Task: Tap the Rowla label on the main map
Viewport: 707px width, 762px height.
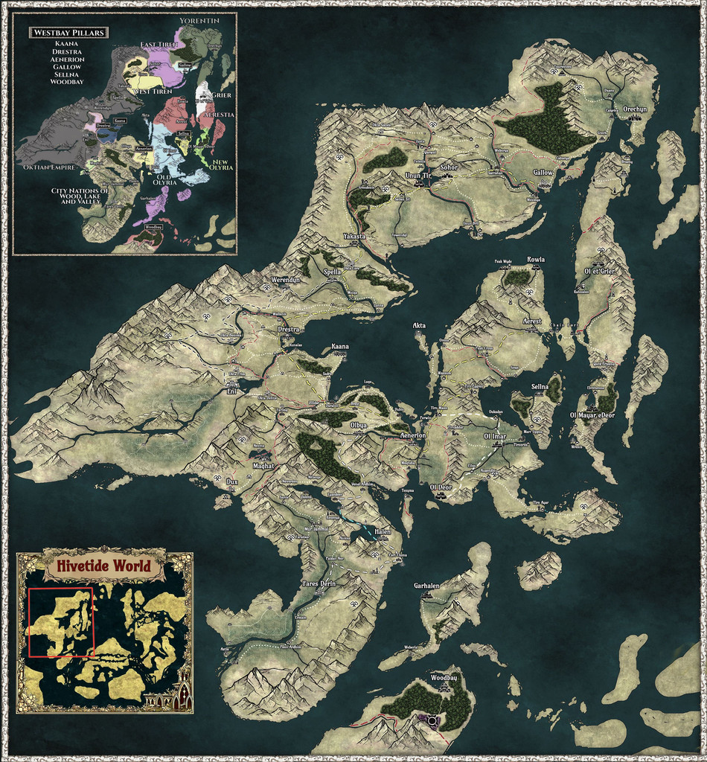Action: tap(536, 260)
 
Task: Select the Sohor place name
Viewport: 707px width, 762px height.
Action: tap(449, 167)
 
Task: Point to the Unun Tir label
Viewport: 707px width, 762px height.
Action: tap(418, 175)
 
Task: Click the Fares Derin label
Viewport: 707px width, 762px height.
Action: tap(319, 583)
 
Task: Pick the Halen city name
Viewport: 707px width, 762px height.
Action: tap(383, 531)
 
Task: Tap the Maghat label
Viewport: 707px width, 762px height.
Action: tap(263, 466)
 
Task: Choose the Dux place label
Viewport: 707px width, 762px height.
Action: tap(231, 482)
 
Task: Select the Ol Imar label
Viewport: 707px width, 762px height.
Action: tap(495, 435)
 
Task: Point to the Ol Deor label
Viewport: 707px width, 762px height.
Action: tap(441, 487)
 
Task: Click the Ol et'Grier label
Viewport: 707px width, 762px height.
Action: tap(599, 271)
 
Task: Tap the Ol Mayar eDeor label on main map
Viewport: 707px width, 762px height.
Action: tap(592, 414)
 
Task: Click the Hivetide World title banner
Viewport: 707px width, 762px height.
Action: tap(105, 566)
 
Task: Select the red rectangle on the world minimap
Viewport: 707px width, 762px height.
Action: tap(61, 622)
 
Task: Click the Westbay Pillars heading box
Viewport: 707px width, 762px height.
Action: tap(68, 33)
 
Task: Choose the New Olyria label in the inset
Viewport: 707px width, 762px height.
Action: tap(223, 164)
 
